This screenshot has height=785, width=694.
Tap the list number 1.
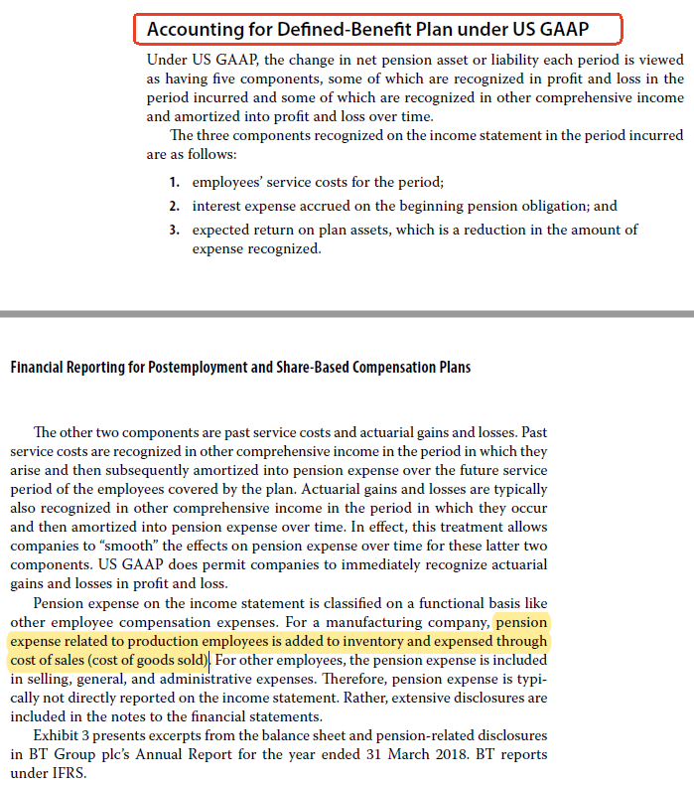point(173,183)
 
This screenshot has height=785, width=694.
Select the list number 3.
point(173,230)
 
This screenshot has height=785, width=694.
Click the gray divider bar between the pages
point(347,313)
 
